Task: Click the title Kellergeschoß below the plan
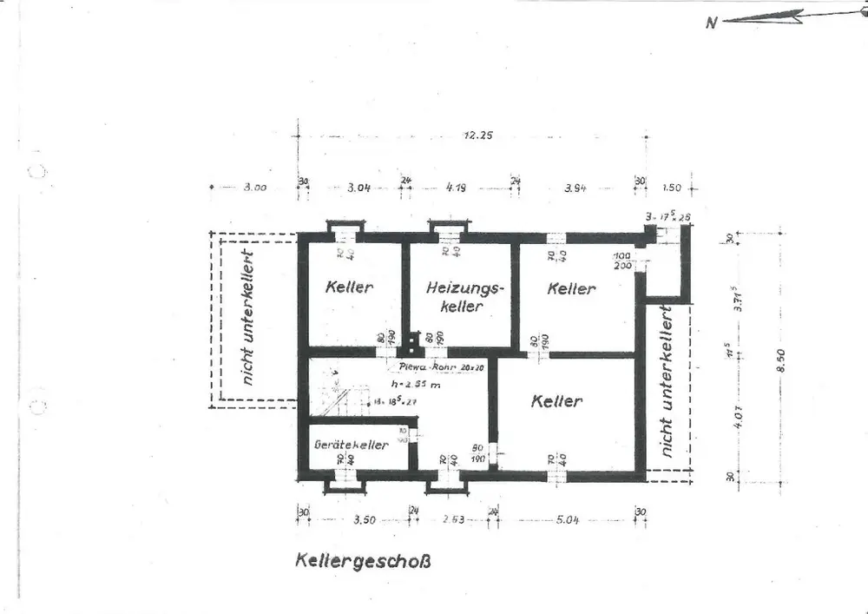pyautogui.click(x=362, y=560)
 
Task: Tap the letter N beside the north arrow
pyautogui.click(x=711, y=23)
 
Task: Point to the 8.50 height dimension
pyautogui.click(x=780, y=355)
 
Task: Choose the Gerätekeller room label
pyautogui.click(x=352, y=445)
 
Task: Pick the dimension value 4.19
pyautogui.click(x=457, y=188)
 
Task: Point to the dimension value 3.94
pyautogui.click(x=575, y=188)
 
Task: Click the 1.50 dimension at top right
pyautogui.click(x=671, y=188)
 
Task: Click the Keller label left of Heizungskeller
pyautogui.click(x=349, y=287)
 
